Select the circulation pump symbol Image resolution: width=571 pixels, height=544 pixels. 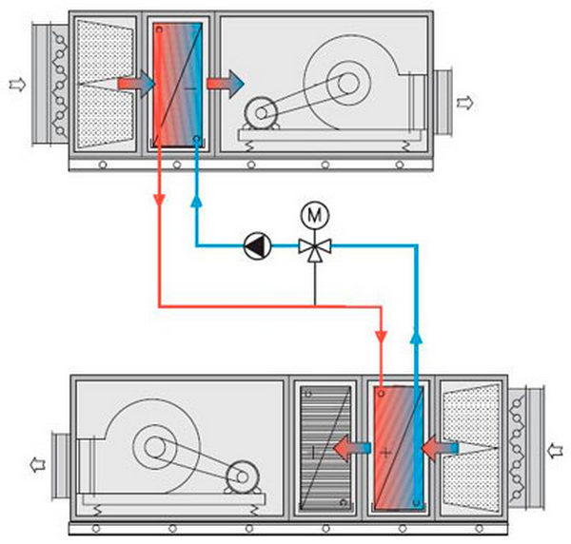[256, 246]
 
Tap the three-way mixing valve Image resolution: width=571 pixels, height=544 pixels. [312, 246]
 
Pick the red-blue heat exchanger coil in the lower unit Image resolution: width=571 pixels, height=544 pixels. [398, 446]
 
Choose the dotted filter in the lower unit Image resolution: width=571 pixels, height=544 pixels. [472, 446]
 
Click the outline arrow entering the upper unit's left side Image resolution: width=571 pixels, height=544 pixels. [15, 85]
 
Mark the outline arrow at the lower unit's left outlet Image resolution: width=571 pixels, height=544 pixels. [35, 465]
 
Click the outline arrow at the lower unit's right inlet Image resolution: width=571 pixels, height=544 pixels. [557, 445]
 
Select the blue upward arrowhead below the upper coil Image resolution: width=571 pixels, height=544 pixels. [196, 201]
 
